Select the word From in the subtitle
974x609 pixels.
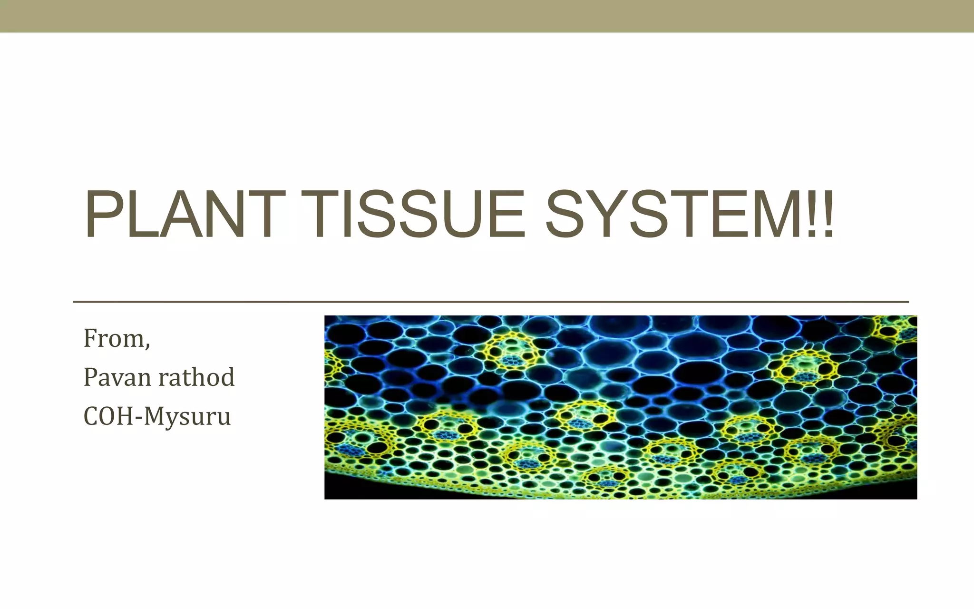(114, 338)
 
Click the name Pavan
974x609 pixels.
(118, 377)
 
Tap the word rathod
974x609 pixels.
(196, 377)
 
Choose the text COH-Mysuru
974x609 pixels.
(157, 416)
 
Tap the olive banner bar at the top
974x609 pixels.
(487, 16)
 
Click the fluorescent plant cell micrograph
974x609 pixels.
(620, 407)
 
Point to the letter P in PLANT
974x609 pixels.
(101, 214)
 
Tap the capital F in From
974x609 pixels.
(91, 338)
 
